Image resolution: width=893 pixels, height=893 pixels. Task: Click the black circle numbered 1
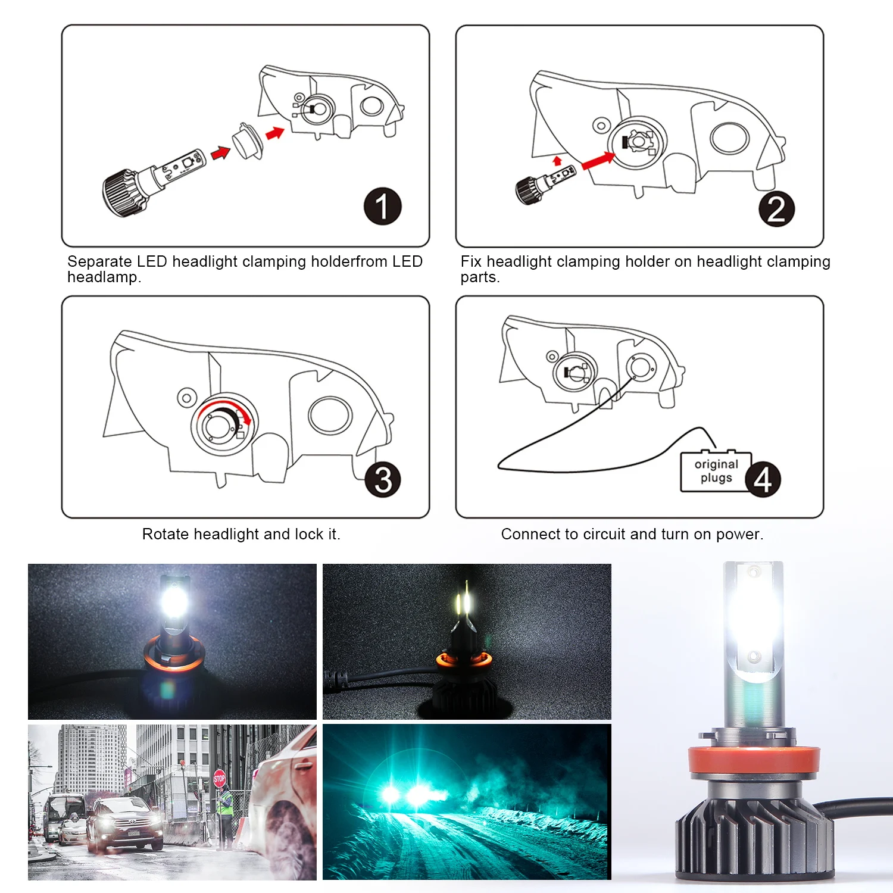point(382,207)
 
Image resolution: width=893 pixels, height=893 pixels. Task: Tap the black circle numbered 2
point(776,209)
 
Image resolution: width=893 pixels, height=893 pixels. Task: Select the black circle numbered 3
point(383,479)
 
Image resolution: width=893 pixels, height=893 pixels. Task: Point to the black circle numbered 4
point(763,479)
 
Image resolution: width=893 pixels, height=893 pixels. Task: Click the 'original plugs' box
point(716,472)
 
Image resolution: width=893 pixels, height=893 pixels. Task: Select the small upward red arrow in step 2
point(557,161)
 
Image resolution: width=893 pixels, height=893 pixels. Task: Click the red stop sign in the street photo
point(219,778)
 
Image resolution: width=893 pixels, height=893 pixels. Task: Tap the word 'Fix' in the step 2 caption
point(471,261)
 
